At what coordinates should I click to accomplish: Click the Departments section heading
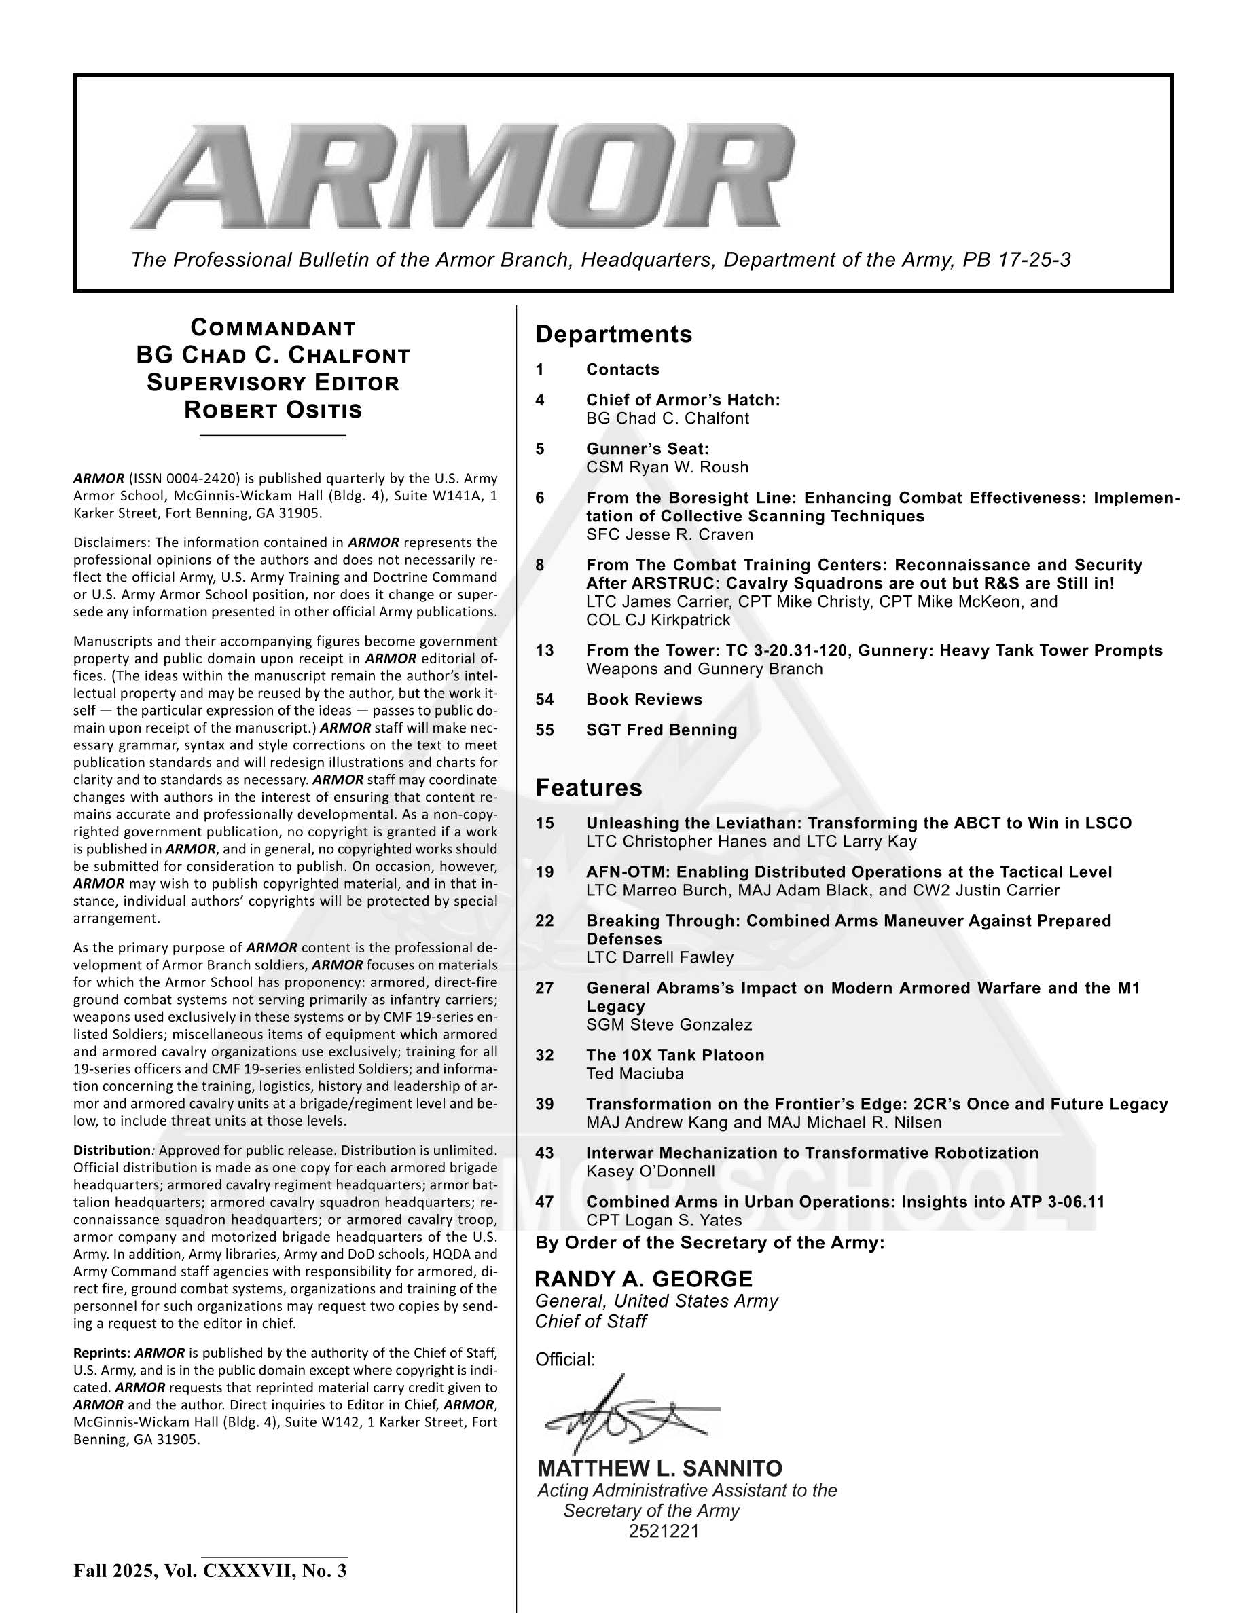click(x=613, y=335)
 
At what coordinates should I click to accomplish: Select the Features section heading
click(x=588, y=788)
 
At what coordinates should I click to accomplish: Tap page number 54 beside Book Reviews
click(x=545, y=699)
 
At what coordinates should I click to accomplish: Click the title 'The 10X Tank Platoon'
click(x=675, y=1056)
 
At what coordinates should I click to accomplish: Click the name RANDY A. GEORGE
click(x=643, y=1278)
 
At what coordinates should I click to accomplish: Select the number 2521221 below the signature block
click(x=664, y=1531)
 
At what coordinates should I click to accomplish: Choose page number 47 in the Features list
click(x=545, y=1202)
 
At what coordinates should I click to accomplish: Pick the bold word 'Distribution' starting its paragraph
click(x=111, y=1151)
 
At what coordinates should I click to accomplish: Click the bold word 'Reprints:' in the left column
click(x=101, y=1353)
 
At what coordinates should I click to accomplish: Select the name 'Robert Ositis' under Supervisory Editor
click(x=273, y=410)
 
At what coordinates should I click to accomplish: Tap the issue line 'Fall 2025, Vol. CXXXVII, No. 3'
click(x=210, y=1570)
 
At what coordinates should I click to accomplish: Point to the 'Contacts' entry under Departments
click(x=622, y=369)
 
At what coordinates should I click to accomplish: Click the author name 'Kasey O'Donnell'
click(x=650, y=1171)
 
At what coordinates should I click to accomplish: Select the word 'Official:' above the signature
click(x=564, y=1360)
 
